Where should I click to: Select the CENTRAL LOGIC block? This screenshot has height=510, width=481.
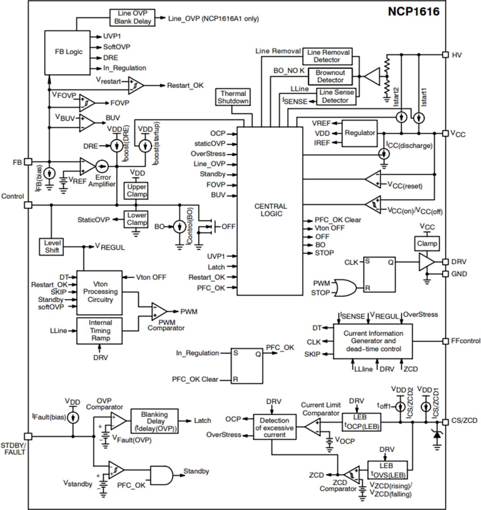(271, 210)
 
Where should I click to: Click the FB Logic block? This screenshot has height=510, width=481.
(69, 52)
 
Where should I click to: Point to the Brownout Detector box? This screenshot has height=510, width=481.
(330, 76)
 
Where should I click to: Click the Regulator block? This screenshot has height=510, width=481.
(360, 133)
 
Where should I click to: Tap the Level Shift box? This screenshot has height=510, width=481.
(52, 247)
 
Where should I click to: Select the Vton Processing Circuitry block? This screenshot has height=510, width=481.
(100, 292)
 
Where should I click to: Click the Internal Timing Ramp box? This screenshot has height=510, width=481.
(100, 331)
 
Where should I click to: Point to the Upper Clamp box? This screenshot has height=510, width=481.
(136, 191)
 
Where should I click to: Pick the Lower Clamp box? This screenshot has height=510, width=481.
(136, 219)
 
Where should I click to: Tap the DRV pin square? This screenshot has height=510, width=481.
(445, 262)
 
